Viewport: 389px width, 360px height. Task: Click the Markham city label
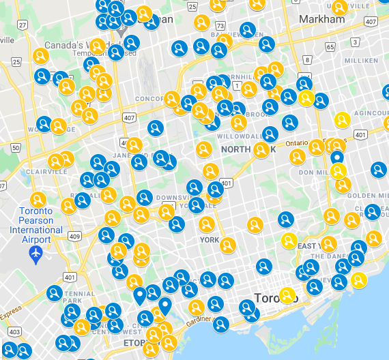[x=322, y=19]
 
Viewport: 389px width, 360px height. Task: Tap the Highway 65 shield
[x=330, y=47]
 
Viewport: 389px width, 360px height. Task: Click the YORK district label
[x=210, y=240]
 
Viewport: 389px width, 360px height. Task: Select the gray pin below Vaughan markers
[x=121, y=30]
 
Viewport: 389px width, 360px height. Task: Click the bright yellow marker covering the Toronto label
[x=287, y=295]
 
